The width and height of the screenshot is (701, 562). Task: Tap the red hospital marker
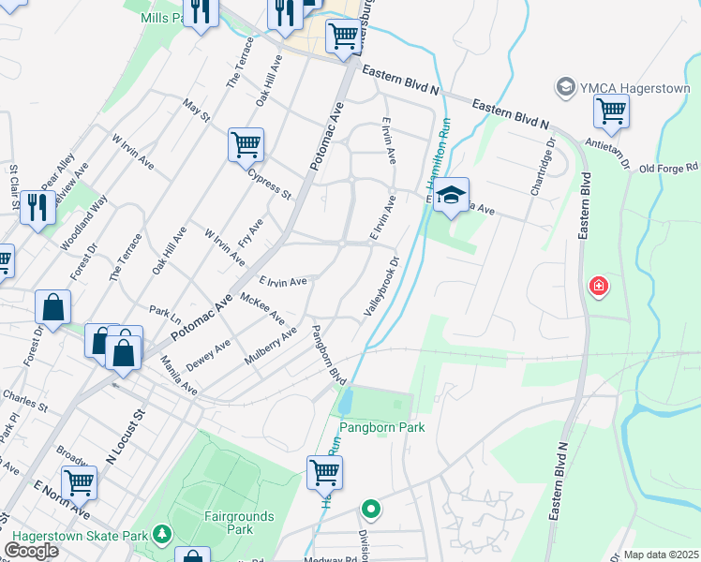(x=598, y=287)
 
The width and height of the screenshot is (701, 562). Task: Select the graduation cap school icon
(x=451, y=196)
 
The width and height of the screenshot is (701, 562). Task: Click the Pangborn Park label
(x=381, y=427)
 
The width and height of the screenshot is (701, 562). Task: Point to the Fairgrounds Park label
(x=239, y=523)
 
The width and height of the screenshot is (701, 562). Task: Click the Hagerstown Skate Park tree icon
(x=162, y=535)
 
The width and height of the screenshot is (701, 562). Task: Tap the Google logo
(x=31, y=551)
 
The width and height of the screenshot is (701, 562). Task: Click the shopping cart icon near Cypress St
(x=245, y=145)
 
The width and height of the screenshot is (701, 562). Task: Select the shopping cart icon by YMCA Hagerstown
(x=610, y=111)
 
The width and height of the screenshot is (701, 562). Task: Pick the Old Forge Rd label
(x=669, y=168)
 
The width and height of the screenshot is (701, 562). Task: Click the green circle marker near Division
(x=371, y=510)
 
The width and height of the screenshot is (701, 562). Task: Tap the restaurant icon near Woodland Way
(x=37, y=207)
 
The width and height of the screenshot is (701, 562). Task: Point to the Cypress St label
(x=270, y=183)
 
